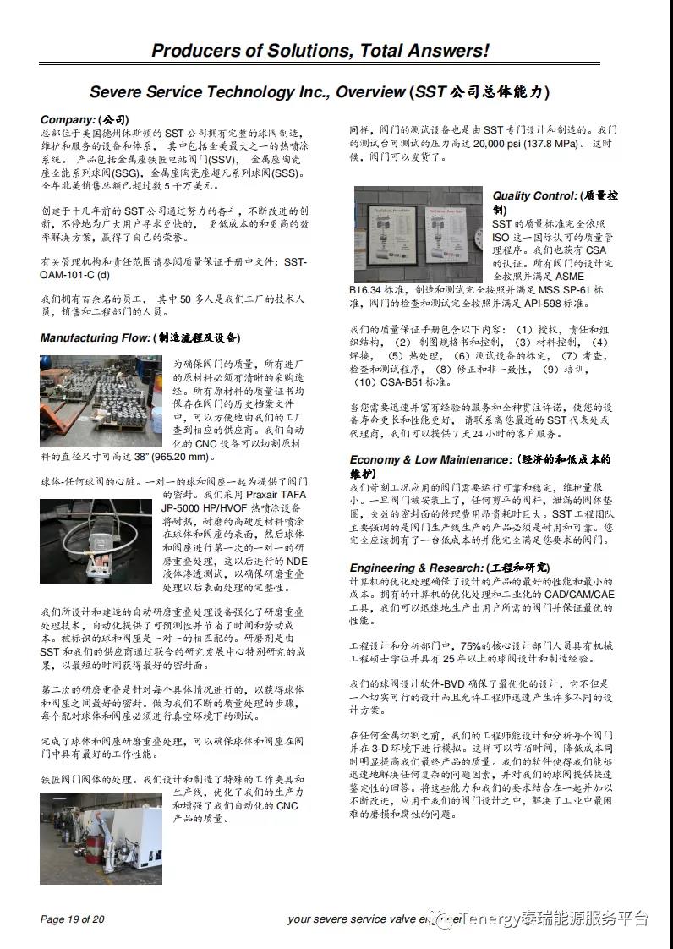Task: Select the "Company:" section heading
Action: [68, 119]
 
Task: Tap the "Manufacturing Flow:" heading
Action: [95, 338]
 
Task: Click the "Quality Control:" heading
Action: [535, 196]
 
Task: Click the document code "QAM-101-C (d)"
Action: [75, 275]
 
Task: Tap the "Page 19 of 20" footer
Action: [73, 919]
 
